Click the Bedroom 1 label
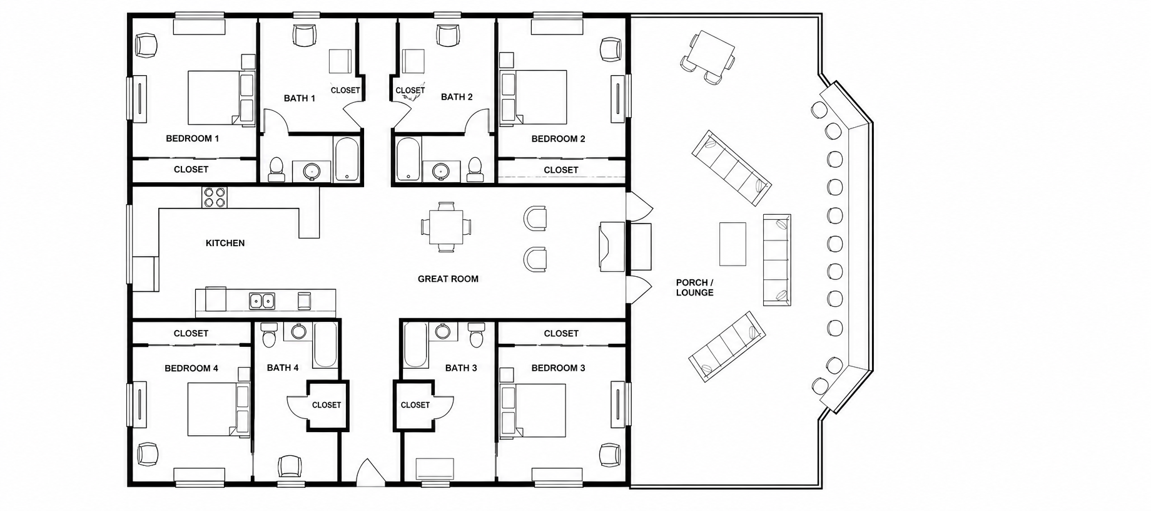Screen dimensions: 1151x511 (x=192, y=138)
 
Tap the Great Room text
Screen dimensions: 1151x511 (x=448, y=279)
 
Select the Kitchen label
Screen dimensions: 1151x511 (x=225, y=243)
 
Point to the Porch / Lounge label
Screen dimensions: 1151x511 (x=694, y=287)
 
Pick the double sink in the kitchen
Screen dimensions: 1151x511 (x=262, y=301)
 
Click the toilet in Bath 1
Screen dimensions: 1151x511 (x=276, y=168)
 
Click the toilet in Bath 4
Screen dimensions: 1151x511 (x=270, y=335)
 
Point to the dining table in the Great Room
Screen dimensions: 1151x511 (x=446, y=227)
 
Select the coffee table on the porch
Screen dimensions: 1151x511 (x=733, y=244)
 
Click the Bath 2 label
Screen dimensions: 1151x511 (x=457, y=97)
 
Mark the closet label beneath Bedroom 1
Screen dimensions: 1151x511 (x=191, y=170)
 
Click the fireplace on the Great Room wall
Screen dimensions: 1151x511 (x=612, y=247)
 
